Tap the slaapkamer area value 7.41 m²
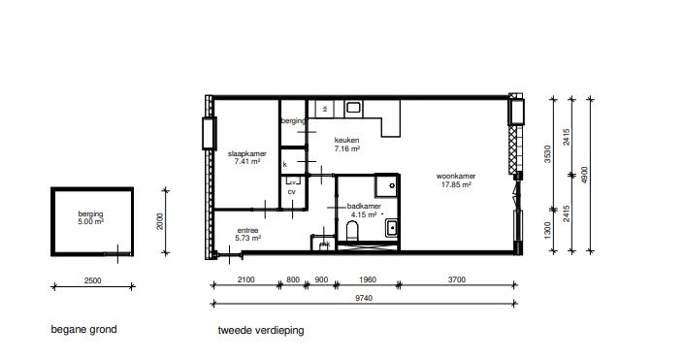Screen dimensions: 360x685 point(248,161)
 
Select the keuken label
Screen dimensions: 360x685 point(347,140)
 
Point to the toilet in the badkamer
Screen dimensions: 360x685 point(353,230)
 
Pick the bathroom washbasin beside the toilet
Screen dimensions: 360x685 point(391,229)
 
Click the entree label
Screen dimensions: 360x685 point(247,230)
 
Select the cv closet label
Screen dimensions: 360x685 point(290,191)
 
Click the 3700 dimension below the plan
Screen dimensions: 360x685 point(457,280)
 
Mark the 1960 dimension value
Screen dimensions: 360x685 point(368,280)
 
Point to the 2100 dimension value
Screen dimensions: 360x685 point(245,280)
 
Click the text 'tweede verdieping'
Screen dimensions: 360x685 point(261,330)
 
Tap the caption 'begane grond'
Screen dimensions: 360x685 point(84,330)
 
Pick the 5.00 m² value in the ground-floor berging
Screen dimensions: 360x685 point(91,220)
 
